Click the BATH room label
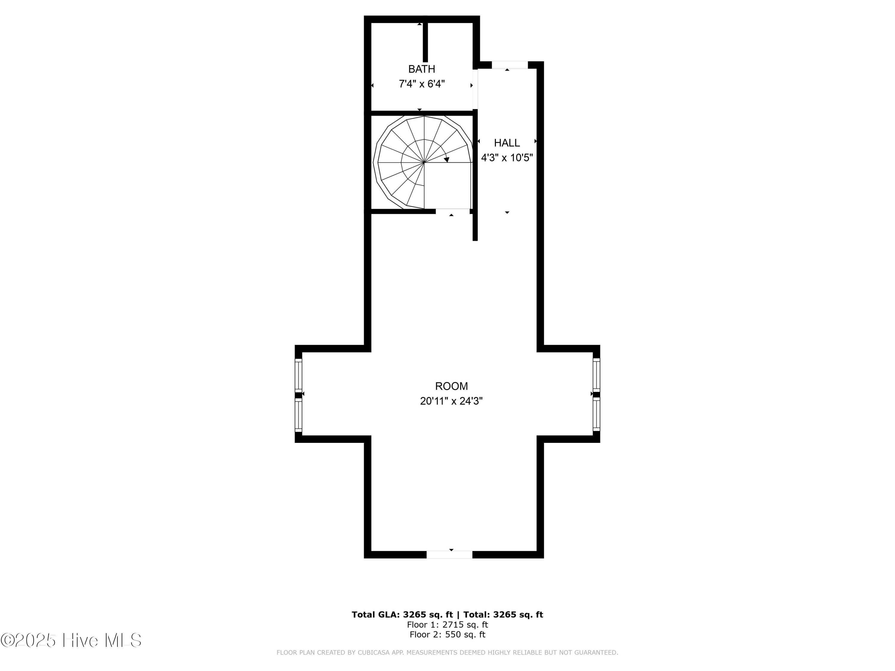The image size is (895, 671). [x=422, y=69]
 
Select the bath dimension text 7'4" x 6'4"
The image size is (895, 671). [x=422, y=84]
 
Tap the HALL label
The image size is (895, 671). [x=507, y=143]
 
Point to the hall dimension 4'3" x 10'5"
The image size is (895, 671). [x=507, y=158]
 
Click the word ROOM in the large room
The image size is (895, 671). [x=451, y=386]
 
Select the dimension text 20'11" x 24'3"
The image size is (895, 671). [x=451, y=401]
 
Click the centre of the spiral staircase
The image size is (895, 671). [x=424, y=163]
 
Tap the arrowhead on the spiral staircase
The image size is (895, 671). [x=446, y=160]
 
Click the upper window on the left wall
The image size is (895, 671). [x=299, y=374]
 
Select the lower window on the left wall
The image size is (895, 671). [x=299, y=415]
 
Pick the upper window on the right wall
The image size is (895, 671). [x=596, y=374]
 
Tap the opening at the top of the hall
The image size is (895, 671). [x=510, y=65]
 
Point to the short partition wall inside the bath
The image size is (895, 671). [x=425, y=42]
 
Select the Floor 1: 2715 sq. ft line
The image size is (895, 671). [x=447, y=625]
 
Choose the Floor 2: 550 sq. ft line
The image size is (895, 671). [x=447, y=635]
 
